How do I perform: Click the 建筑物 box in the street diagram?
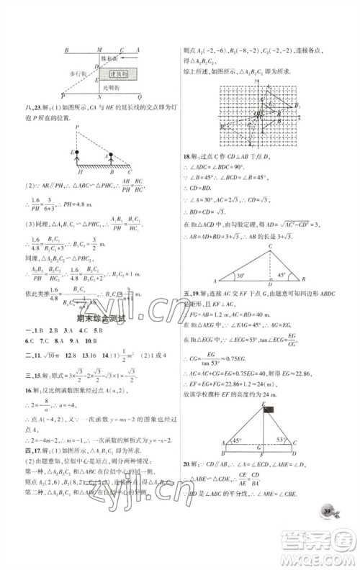120,74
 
